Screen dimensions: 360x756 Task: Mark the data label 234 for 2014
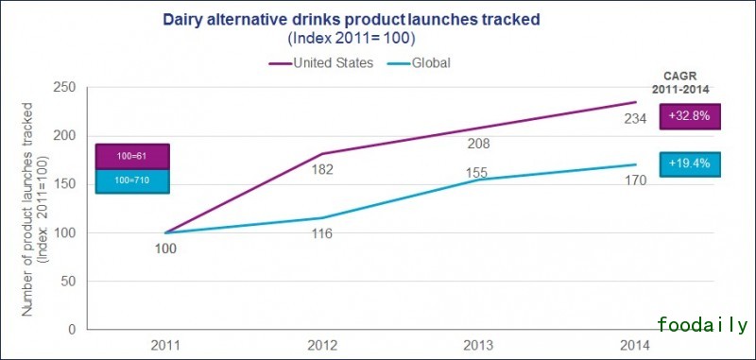[635, 118]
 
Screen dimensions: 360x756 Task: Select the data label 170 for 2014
[635, 180]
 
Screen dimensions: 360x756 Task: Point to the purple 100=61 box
[132, 156]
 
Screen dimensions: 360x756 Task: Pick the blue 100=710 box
[132, 180]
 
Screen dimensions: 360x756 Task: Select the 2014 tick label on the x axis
[635, 345]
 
